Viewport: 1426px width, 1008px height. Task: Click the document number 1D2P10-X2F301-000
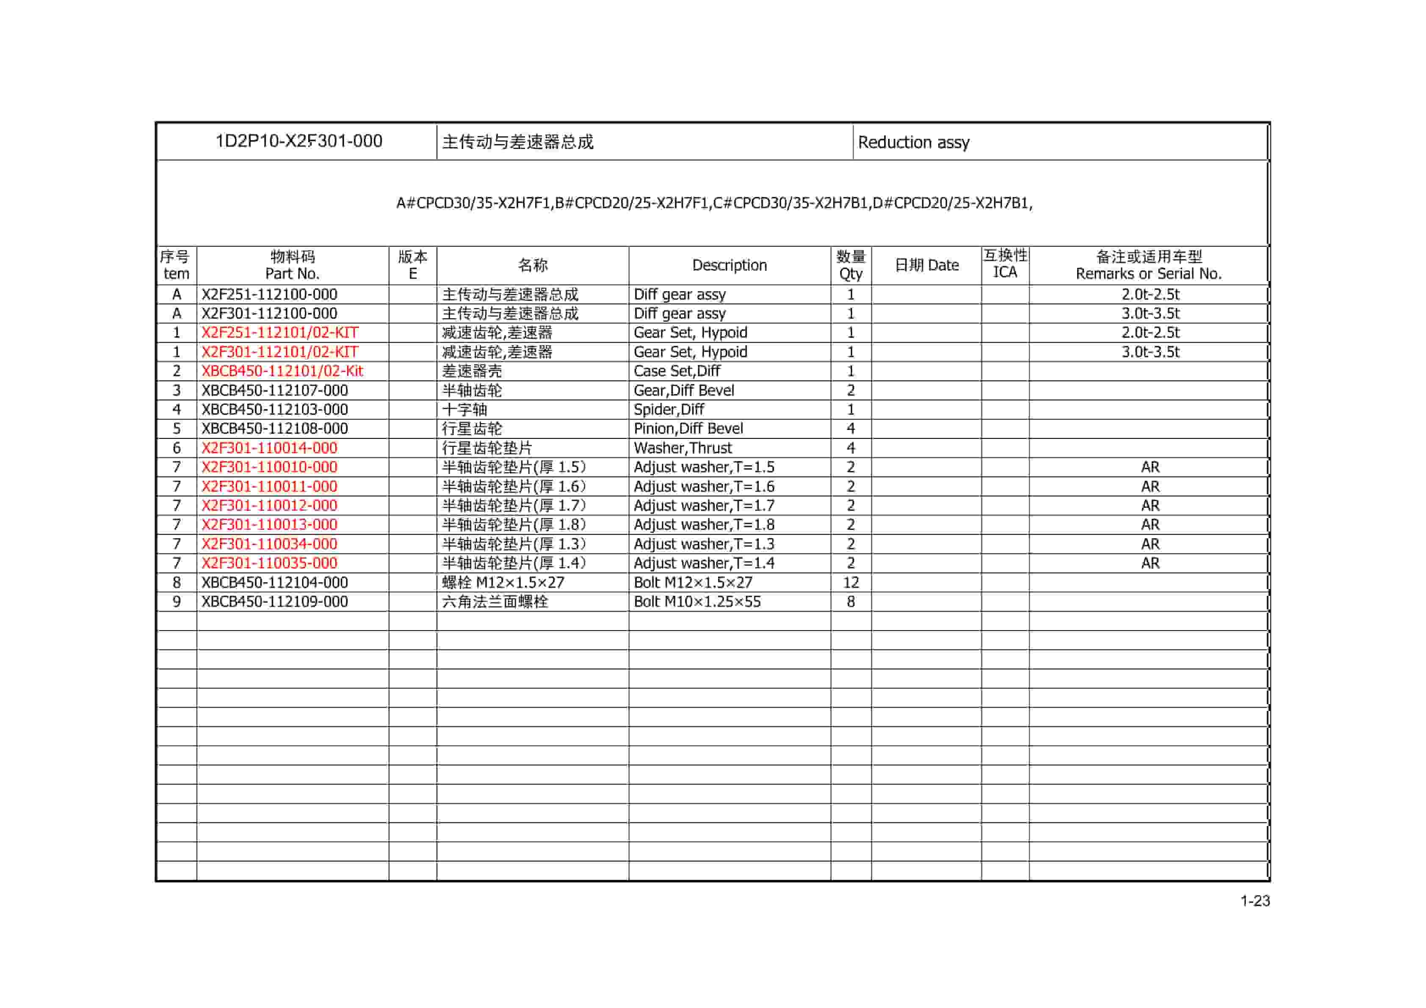[299, 141]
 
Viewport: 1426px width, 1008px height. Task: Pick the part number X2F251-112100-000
[269, 294]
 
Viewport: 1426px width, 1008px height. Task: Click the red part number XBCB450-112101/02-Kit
[282, 371]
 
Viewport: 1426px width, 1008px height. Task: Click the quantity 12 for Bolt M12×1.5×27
[850, 582]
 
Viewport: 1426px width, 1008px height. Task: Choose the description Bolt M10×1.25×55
[697, 601]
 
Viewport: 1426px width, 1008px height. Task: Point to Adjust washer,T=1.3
[704, 544]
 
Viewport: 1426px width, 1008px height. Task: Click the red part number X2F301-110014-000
[269, 448]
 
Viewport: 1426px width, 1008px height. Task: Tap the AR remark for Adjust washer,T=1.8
[1150, 524]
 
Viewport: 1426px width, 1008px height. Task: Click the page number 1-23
[1255, 901]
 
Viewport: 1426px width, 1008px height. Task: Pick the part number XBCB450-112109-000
[274, 601]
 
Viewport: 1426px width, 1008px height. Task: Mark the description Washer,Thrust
[683, 448]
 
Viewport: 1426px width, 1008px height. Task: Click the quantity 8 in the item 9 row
[850, 601]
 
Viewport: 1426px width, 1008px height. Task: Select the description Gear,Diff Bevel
[683, 391]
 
